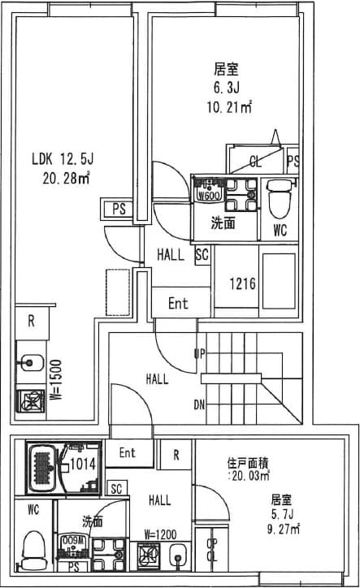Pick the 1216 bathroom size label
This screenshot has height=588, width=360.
click(x=242, y=284)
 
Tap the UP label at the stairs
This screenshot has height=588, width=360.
click(x=199, y=353)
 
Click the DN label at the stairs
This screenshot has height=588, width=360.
click(x=199, y=404)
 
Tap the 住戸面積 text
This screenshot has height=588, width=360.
click(x=245, y=463)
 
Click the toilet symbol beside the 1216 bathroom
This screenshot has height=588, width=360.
click(x=279, y=196)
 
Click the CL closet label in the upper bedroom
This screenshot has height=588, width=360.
click(x=255, y=160)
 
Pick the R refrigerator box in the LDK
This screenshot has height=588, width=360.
click(x=31, y=320)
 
